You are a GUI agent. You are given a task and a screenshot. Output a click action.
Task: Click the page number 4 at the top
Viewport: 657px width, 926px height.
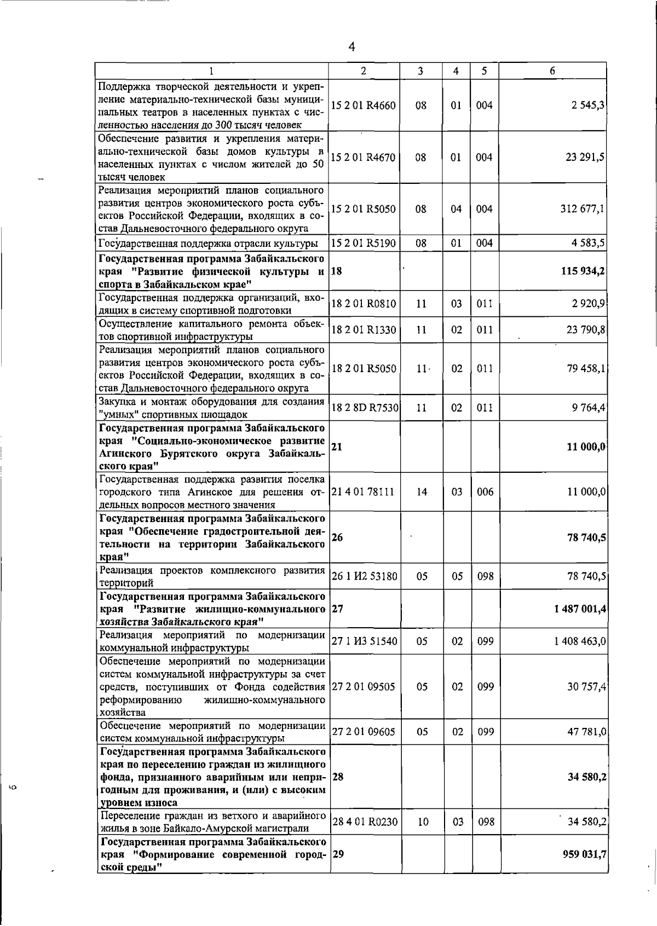[351, 47]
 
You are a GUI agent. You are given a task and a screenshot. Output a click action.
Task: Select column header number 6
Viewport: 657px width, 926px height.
[552, 71]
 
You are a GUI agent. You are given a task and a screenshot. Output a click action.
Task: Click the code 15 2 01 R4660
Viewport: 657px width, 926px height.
[363, 106]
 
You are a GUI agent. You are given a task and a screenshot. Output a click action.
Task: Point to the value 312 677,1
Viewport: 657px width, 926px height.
[583, 209]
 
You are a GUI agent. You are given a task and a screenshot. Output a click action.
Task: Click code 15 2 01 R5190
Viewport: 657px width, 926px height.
[363, 243]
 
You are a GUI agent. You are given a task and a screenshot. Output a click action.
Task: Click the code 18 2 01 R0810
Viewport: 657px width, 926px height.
[363, 304]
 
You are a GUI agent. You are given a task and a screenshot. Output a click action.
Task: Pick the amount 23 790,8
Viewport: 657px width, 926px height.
[585, 330]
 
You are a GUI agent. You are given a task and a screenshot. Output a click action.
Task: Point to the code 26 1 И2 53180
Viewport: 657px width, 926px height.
[364, 576]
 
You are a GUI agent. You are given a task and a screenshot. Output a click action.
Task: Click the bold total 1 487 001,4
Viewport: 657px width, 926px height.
[580, 609]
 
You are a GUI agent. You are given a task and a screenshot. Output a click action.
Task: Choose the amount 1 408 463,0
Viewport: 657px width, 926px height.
[580, 641]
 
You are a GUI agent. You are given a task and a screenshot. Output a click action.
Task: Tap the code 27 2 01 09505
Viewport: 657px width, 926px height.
[363, 686]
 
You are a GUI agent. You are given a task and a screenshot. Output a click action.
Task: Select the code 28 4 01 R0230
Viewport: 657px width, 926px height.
[364, 821]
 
